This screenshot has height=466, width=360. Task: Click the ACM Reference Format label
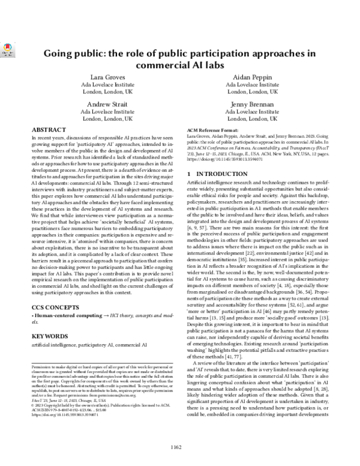tap(215, 130)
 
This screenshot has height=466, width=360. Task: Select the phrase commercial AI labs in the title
tap(180, 65)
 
